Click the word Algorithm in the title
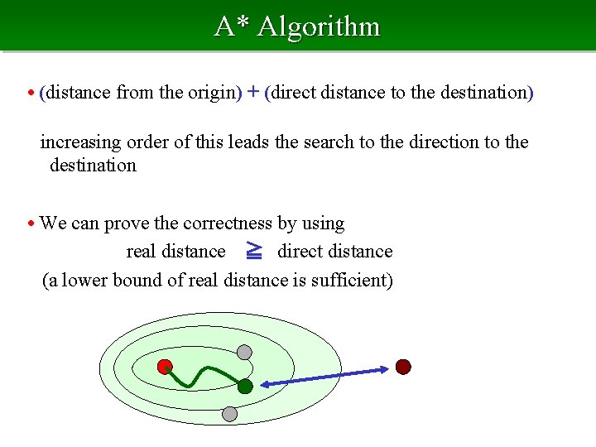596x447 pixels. tap(319, 26)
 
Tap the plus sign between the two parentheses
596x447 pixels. tap(253, 92)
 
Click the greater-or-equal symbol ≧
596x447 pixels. tap(253, 250)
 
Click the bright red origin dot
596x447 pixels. tap(165, 366)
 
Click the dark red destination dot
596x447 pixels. tap(403, 367)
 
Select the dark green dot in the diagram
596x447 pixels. tap(245, 386)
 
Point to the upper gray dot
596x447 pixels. tap(244, 352)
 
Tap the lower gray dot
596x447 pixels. tap(230, 413)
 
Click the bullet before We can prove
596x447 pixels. tap(31, 223)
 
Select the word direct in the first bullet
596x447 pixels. tap(294, 92)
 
